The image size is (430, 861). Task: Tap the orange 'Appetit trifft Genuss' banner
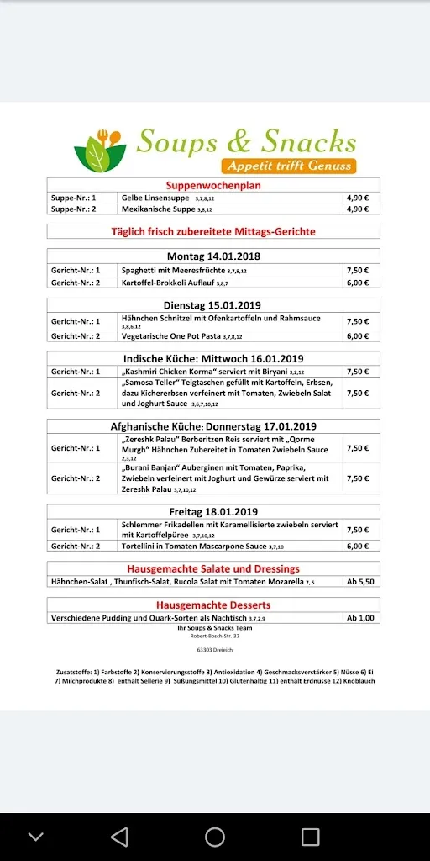[288, 166]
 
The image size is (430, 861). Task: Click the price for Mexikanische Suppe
[358, 209]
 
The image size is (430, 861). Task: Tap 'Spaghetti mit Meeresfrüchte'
[173, 270]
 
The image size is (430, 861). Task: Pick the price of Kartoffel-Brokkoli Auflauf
[358, 283]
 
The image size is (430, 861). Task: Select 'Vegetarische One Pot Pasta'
[170, 336]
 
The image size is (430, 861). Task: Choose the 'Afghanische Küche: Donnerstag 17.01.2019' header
[212, 426]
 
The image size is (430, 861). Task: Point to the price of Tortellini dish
[358, 546]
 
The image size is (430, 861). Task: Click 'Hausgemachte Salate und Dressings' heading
[212, 568]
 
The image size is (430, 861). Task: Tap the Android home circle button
[215, 836]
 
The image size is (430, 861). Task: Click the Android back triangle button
[120, 836]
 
